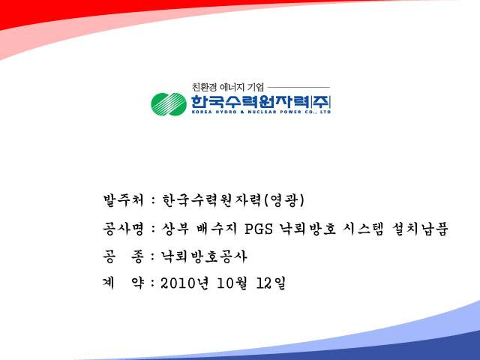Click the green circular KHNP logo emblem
(169, 104)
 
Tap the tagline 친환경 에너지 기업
(228, 87)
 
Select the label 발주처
(123, 200)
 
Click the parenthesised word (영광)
(283, 200)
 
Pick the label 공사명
(123, 229)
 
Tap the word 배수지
(217, 229)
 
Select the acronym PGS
(259, 229)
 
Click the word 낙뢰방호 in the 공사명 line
(307, 229)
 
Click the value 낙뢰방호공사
(204, 256)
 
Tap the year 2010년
(185, 283)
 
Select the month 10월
(232, 283)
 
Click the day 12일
(271, 283)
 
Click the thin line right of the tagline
(298, 87)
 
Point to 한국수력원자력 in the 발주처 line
(211, 200)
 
